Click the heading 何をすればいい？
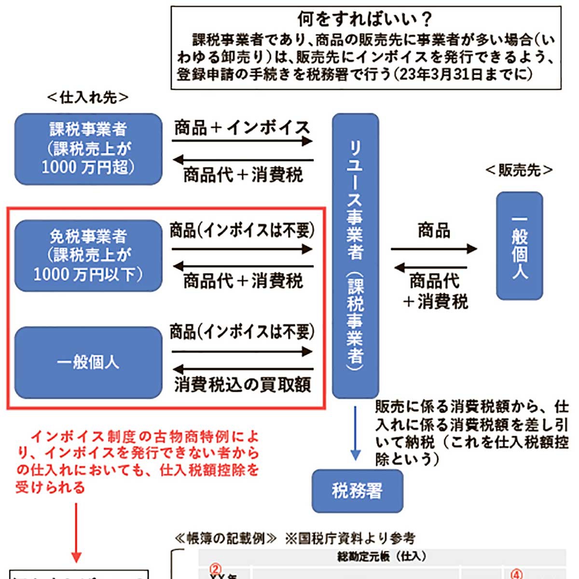[x=365, y=19]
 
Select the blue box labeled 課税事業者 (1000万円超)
[x=88, y=149]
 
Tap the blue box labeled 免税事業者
[x=88, y=255]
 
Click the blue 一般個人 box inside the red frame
[x=88, y=362]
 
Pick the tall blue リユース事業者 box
[x=356, y=256]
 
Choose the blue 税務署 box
[x=357, y=491]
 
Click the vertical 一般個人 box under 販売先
[x=520, y=246]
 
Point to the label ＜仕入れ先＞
[x=88, y=97]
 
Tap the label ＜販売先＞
[x=519, y=170]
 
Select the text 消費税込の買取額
[x=243, y=385]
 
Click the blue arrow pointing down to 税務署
[x=356, y=434]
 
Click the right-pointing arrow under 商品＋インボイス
[x=243, y=141]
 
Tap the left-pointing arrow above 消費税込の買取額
[x=243, y=370]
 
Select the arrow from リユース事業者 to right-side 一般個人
[x=433, y=249]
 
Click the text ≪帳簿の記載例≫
[x=226, y=538]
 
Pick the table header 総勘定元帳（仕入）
[x=381, y=556]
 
